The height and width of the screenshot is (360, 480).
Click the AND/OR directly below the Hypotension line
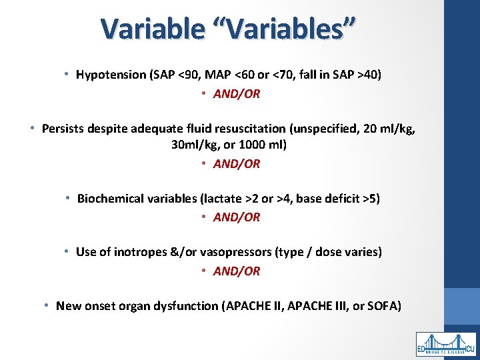(x=237, y=94)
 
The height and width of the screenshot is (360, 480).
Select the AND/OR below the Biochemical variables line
(x=237, y=217)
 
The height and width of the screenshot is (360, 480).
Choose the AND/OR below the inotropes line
(x=237, y=271)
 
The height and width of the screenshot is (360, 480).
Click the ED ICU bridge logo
(x=446, y=344)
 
